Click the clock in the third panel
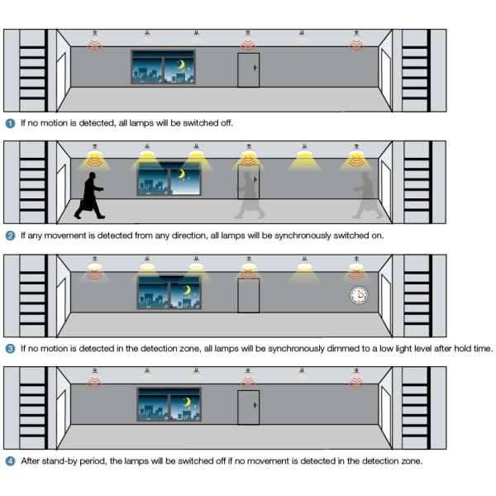pos(359,295)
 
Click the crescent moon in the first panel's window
pos(182,64)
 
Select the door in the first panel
pos(249,69)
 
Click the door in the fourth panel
pos(249,408)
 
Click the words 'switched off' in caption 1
pos(207,123)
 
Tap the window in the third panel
pos(169,293)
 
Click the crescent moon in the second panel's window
pos(184,174)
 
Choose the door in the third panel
pos(249,295)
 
